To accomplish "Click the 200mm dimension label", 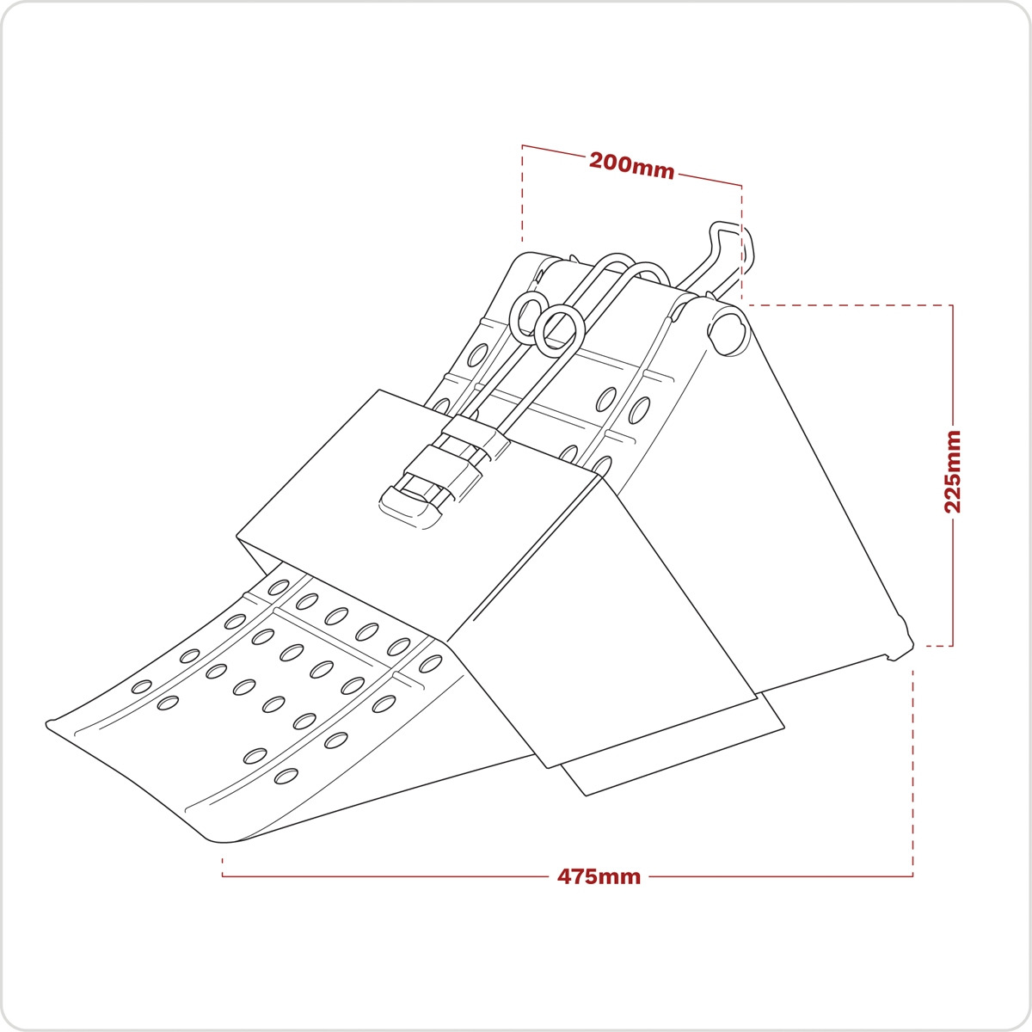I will point(631,164).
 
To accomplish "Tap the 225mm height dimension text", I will point(953,472).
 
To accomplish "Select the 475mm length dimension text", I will point(599,877).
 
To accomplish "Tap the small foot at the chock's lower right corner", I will point(900,650).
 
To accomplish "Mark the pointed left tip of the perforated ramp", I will point(50,723).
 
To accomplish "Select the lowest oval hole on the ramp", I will point(285,777).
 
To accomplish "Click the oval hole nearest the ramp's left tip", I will point(141,686).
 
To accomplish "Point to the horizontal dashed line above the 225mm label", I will point(847,305).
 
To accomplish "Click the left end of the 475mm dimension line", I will point(224,875).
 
